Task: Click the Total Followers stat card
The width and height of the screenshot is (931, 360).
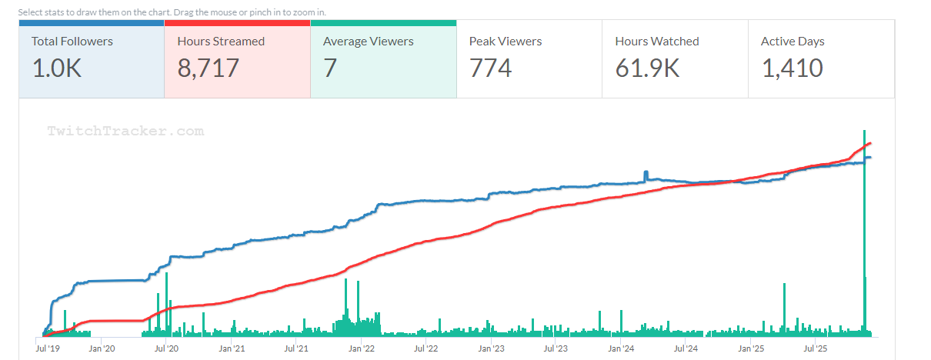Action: [x=92, y=58]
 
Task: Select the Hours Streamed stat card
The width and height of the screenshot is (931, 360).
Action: [x=237, y=58]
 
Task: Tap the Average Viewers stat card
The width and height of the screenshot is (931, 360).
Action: [x=383, y=58]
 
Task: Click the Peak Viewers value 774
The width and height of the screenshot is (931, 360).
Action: [x=490, y=68]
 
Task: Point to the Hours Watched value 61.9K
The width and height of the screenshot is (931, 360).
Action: [x=647, y=68]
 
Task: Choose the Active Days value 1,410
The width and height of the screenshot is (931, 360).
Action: [x=792, y=68]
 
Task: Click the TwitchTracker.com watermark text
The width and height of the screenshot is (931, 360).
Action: [x=125, y=132]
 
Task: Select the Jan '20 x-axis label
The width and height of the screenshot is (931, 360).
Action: [x=102, y=348]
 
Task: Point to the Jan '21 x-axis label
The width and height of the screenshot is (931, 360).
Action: [x=232, y=348]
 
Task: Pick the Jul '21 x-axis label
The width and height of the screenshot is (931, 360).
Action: [x=296, y=348]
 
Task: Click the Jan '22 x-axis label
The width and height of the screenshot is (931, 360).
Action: [x=362, y=348]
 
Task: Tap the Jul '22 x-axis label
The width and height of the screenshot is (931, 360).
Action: [x=425, y=348]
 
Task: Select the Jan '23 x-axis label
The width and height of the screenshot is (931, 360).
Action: [x=491, y=348]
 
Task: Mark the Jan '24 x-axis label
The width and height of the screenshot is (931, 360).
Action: [x=621, y=348]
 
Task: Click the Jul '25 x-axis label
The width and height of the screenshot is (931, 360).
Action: [x=815, y=348]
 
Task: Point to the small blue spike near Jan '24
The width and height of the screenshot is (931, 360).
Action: [x=646, y=174]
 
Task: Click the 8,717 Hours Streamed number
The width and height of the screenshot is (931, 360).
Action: [x=208, y=68]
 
